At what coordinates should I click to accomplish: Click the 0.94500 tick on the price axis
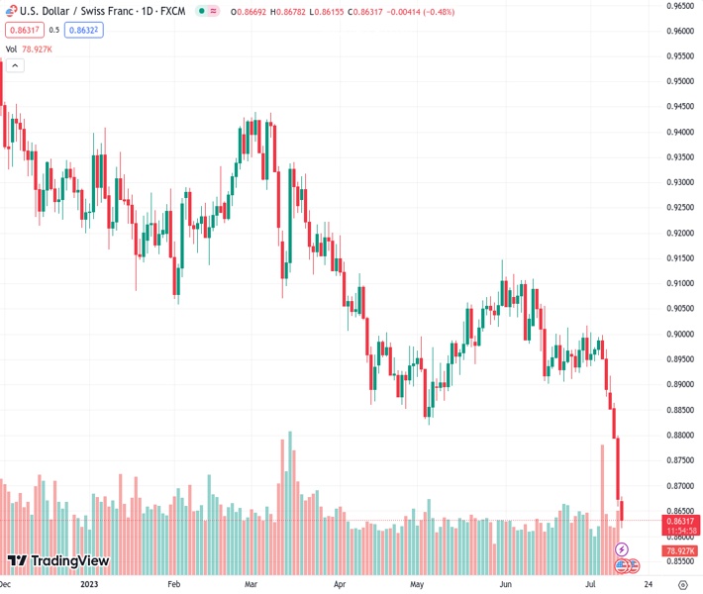coord(678,107)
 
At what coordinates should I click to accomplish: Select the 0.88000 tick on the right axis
coord(678,436)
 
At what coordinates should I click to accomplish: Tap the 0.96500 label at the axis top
coord(678,5)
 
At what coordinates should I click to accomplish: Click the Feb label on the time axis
coord(175,585)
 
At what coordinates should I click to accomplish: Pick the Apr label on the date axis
coord(340,585)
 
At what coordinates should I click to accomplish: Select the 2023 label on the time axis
coord(89,585)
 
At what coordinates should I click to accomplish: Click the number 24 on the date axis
coord(646,585)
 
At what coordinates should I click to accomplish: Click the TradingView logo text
coord(68,561)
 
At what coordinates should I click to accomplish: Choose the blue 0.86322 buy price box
coord(86,30)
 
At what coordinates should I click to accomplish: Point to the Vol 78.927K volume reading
coord(31,49)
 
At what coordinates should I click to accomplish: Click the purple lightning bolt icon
coord(623,548)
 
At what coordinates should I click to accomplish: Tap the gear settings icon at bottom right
coord(682,585)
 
